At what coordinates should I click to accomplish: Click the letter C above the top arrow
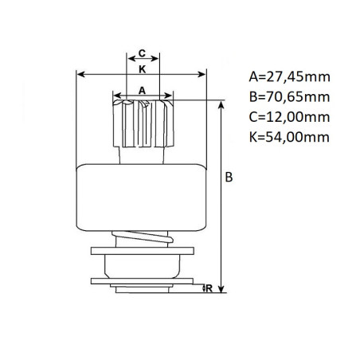143,53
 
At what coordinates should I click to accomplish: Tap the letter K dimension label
143,69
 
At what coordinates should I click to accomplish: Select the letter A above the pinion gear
143,91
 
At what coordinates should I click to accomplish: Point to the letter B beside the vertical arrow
229,177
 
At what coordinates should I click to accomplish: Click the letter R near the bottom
209,288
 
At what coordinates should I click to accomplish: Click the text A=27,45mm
289,76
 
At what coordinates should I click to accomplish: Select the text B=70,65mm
289,97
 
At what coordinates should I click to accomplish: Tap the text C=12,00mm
289,117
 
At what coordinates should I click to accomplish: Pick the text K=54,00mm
289,137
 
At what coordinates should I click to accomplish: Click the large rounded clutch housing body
141,198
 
